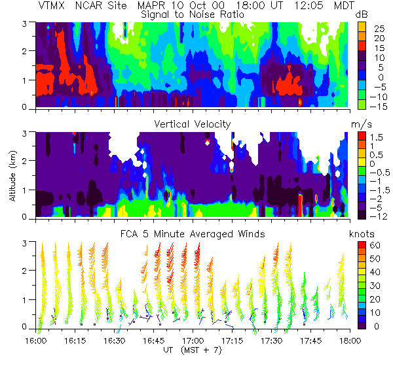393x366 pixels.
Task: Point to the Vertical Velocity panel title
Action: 191,124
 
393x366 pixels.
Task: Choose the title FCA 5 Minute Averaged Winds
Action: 191,233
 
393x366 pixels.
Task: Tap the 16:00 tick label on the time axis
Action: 35,341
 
